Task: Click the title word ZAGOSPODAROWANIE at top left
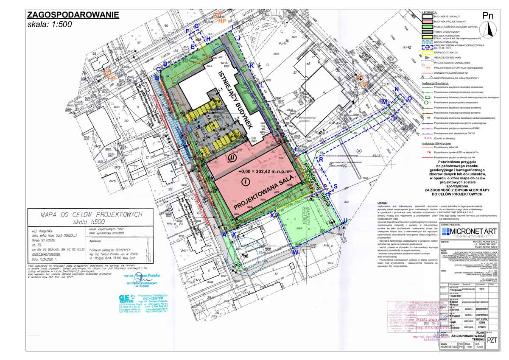click(73, 15)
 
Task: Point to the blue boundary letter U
click(345, 220)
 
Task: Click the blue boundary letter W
click(296, 252)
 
